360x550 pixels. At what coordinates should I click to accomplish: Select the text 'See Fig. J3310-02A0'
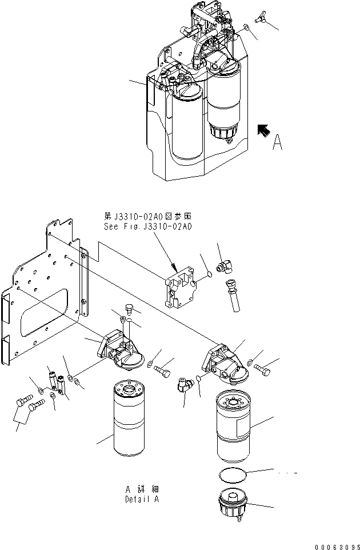point(147,227)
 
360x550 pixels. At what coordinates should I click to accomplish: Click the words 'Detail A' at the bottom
point(142,499)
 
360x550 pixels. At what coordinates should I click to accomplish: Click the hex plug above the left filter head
point(129,310)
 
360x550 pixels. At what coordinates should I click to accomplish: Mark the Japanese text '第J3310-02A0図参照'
point(147,216)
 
